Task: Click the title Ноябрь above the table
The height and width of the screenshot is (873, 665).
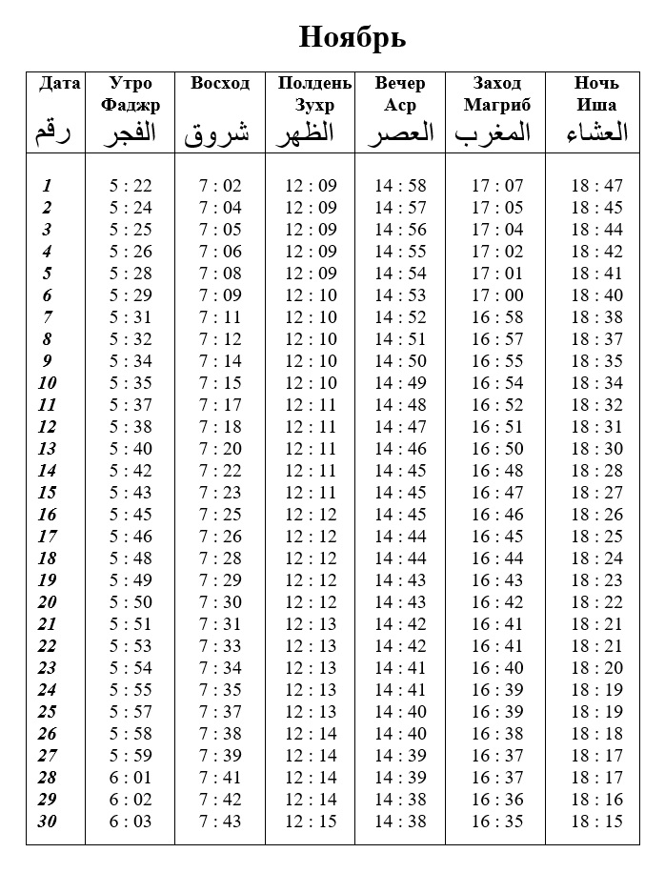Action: (353, 37)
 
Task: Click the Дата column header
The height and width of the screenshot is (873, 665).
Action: (59, 84)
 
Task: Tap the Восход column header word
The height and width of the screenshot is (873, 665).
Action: (220, 84)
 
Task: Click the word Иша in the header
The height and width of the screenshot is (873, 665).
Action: (596, 105)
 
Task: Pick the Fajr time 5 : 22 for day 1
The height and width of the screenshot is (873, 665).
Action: (131, 186)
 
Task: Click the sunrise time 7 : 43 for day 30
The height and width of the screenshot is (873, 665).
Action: (220, 822)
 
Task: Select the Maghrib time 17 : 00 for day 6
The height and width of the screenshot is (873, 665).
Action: (497, 295)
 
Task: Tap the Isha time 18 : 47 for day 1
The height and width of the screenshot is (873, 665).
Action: (597, 186)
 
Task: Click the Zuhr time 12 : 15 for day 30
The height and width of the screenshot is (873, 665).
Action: (311, 822)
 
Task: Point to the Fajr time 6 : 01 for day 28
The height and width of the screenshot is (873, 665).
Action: (131, 778)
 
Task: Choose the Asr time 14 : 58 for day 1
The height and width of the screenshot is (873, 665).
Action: (400, 186)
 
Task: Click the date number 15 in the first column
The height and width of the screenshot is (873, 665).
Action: (47, 493)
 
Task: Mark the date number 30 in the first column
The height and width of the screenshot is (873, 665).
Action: (47, 822)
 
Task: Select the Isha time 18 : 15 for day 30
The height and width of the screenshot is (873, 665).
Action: (597, 822)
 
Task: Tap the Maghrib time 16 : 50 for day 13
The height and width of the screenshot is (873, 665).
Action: (497, 449)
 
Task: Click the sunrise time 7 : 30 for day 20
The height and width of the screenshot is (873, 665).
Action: (220, 602)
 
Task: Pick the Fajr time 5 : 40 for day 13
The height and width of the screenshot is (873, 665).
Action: (131, 449)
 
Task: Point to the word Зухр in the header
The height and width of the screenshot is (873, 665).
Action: (314, 105)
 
